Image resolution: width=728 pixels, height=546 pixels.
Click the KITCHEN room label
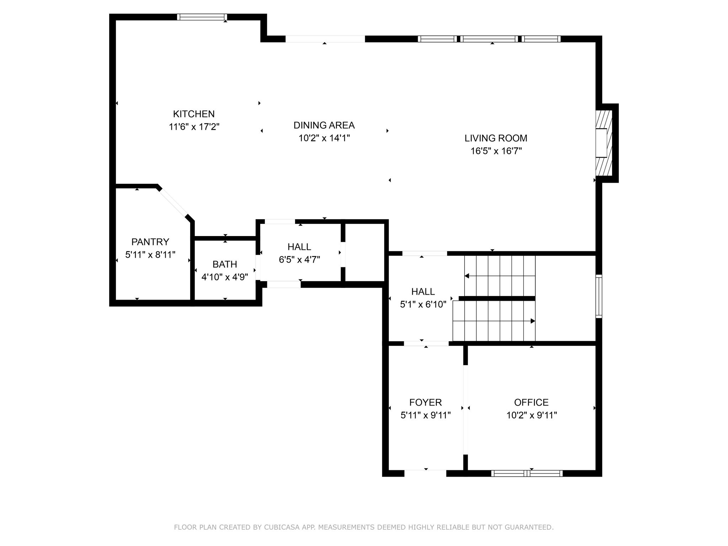pyautogui.click(x=194, y=114)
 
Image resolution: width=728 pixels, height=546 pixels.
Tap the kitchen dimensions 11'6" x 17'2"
pyautogui.click(x=194, y=127)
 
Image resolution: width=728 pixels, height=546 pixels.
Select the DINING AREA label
pyautogui.click(x=324, y=125)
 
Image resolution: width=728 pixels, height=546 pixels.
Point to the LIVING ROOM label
pyautogui.click(x=496, y=138)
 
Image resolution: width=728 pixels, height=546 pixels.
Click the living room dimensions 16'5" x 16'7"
pyautogui.click(x=496, y=151)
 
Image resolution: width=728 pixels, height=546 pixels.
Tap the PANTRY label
pyautogui.click(x=150, y=242)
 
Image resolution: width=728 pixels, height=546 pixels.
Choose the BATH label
pyautogui.click(x=225, y=264)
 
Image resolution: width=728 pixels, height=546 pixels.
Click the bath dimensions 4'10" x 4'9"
pyautogui.click(x=225, y=277)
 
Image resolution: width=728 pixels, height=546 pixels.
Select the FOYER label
pyautogui.click(x=425, y=402)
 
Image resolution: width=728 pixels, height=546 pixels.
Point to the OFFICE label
pyautogui.click(x=531, y=402)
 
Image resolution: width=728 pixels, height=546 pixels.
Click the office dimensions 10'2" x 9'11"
pyautogui.click(x=531, y=415)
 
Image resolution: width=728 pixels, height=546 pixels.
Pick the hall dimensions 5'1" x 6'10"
pyautogui.click(x=423, y=304)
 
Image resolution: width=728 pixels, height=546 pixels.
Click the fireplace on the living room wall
pyautogui.click(x=604, y=143)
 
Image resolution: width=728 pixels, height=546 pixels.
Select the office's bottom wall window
pyautogui.click(x=527, y=473)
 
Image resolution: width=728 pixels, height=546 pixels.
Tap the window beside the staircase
pyautogui.click(x=599, y=296)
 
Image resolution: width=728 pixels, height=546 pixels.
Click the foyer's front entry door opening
pyautogui.click(x=425, y=473)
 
